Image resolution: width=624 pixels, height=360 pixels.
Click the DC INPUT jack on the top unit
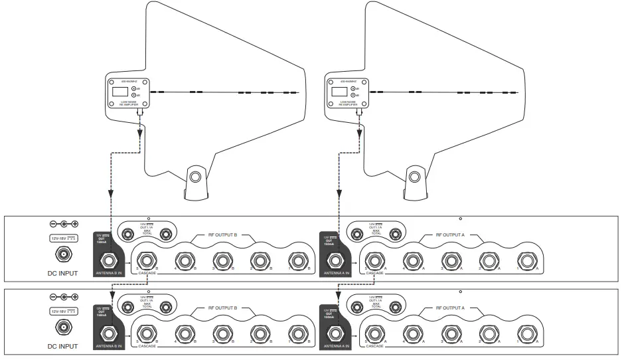pyautogui.click(x=64, y=254)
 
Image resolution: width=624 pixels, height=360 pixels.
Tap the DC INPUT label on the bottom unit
pyautogui.click(x=62, y=346)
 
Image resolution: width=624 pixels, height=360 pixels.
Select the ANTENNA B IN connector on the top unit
pyautogui.click(x=106, y=260)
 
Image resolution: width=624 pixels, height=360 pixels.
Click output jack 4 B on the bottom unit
pyautogui.click(x=181, y=333)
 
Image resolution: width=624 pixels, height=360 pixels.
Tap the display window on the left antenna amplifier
pyautogui.click(x=120, y=90)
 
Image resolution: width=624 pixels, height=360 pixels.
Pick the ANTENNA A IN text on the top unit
pyautogui.click(x=334, y=274)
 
